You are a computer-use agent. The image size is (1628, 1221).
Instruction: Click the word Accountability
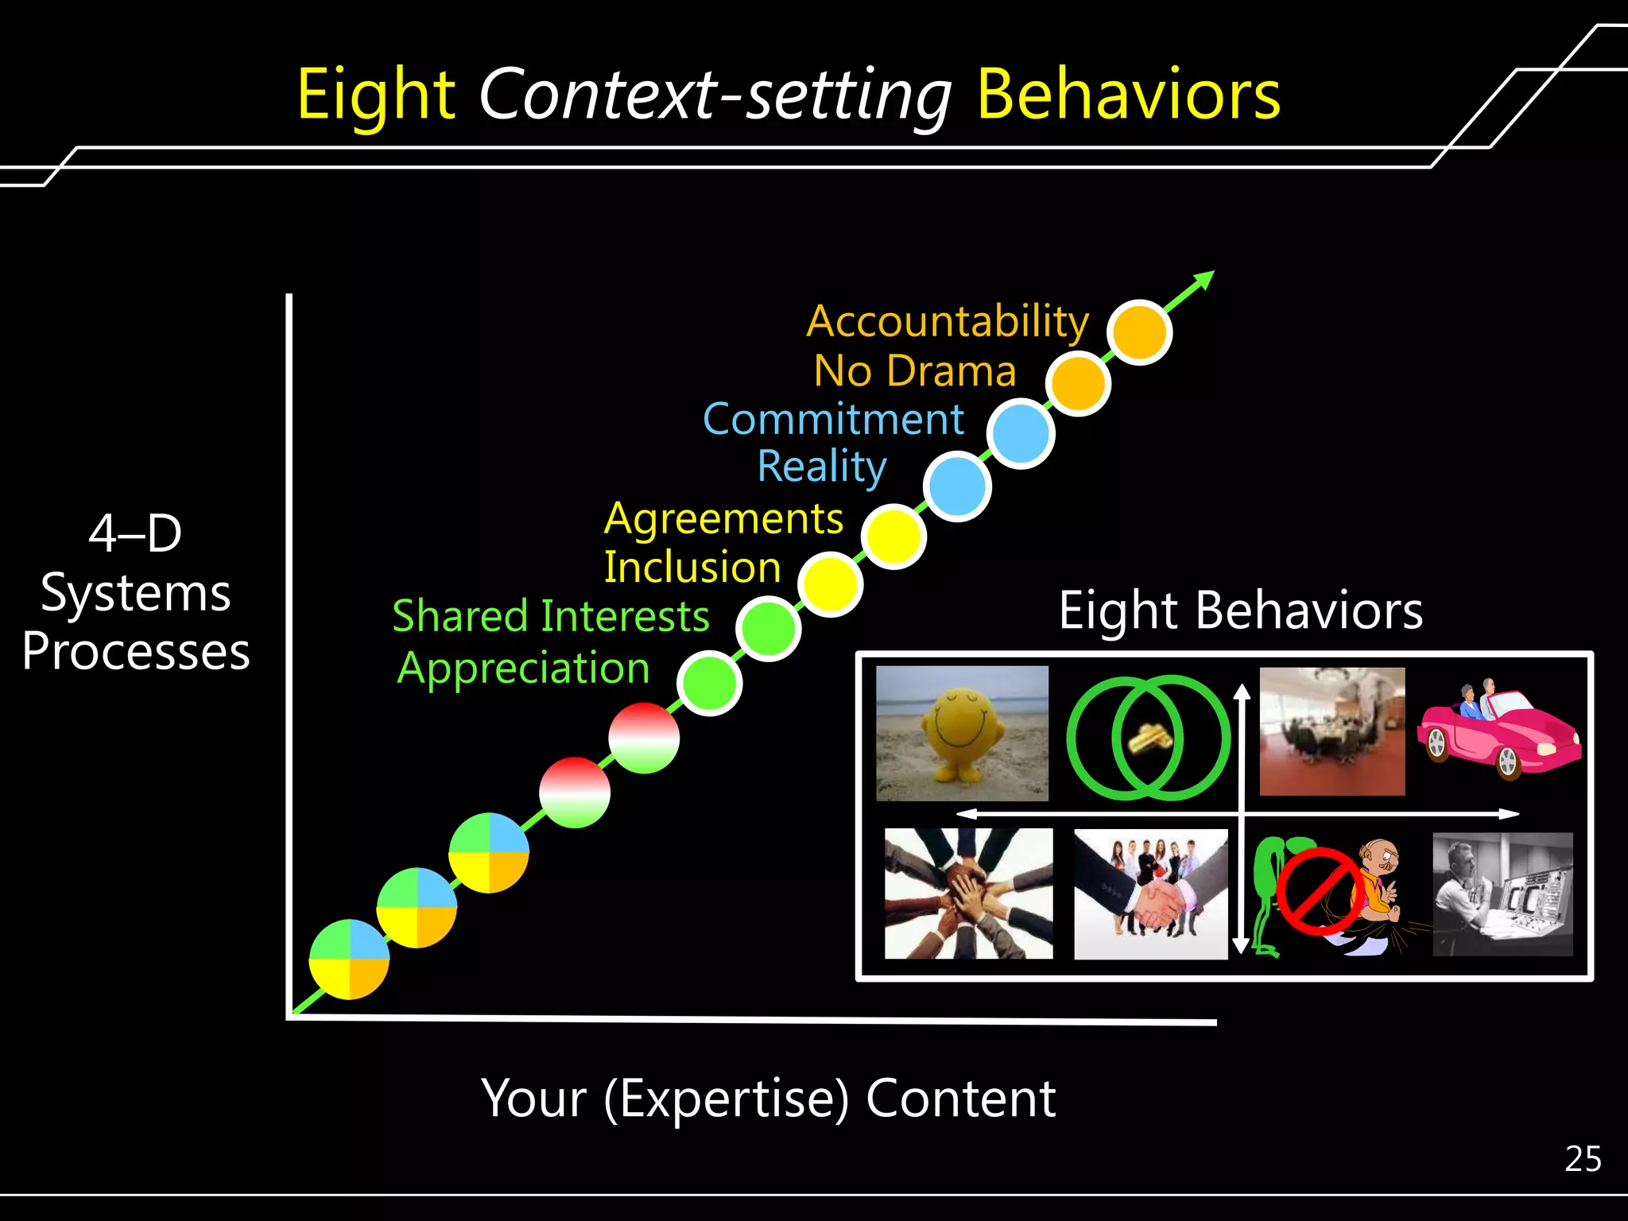[948, 322]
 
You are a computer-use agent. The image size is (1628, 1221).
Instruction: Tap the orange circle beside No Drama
[1078, 384]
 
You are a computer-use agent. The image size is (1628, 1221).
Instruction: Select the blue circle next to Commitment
[1021, 434]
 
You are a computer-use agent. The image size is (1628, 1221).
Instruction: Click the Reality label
[822, 466]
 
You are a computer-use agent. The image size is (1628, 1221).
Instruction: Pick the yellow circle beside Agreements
[894, 537]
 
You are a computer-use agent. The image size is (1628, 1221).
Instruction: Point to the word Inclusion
[692, 568]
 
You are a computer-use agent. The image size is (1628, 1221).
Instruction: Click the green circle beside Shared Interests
[768, 629]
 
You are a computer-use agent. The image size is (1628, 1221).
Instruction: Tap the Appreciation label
[524, 668]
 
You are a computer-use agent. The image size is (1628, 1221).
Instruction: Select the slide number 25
[1583, 1159]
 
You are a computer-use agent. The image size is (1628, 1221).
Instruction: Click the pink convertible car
[1498, 731]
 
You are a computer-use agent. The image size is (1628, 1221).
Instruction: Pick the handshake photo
[1150, 894]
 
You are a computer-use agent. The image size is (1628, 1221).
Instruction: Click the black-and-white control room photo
[1502, 893]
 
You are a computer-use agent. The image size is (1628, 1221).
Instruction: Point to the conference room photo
[1332, 731]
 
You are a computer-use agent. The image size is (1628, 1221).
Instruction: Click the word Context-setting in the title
[715, 95]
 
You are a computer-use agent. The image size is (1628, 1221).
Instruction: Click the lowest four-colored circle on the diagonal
[349, 959]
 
